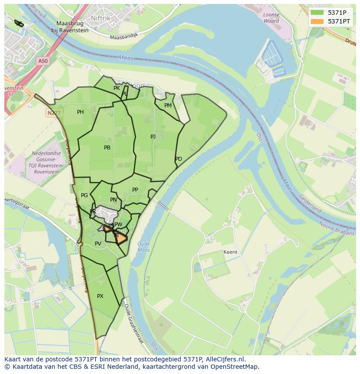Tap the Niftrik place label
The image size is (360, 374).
tap(101, 18)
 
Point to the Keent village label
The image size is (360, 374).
tap(230, 252)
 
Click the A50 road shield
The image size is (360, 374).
tap(43, 61)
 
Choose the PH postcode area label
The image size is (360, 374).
tap(80, 112)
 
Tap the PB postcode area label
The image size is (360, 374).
tap(107, 148)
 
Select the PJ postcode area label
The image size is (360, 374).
tap(153, 136)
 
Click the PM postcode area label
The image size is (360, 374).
tap(168, 106)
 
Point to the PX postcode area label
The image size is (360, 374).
tap(100, 296)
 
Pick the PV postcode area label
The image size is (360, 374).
tap(98, 244)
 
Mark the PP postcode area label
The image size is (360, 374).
tap(135, 190)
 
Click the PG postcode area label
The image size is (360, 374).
tap(84, 195)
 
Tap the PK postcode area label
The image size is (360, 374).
tap(117, 88)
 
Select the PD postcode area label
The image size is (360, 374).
tap(179, 159)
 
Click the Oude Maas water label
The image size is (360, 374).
tap(143, 247)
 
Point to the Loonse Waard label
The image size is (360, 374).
tap(271, 18)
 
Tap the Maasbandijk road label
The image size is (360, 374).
tap(123, 36)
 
